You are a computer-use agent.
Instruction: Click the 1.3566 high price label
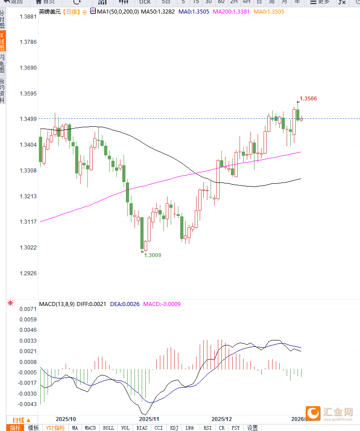click(308, 98)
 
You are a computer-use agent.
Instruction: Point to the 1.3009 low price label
click(153, 255)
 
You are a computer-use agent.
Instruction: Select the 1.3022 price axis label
click(28, 248)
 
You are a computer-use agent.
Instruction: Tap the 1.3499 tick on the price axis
click(28, 119)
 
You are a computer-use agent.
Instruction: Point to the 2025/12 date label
click(221, 419)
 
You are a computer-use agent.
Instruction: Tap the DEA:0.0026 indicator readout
click(125, 304)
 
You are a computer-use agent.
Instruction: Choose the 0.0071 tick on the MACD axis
click(28, 309)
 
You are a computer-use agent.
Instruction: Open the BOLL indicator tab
click(109, 428)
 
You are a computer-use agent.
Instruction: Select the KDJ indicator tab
click(174, 428)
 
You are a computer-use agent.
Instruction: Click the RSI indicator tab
click(207, 428)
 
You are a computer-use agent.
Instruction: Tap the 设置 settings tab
click(252, 428)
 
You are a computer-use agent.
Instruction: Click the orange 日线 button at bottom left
click(21, 420)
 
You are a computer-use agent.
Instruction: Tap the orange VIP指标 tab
click(55, 428)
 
